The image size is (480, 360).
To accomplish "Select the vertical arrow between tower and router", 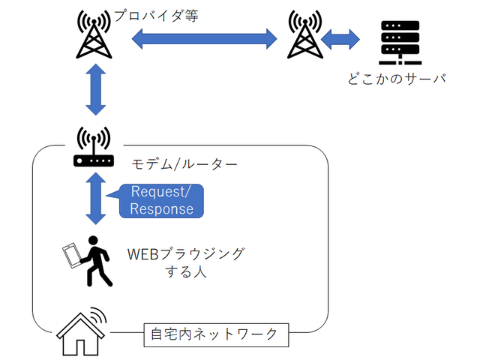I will click(x=95, y=89).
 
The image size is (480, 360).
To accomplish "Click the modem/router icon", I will click(x=94, y=148).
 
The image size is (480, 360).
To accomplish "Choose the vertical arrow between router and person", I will click(x=95, y=198).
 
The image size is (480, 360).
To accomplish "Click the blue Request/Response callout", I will click(x=160, y=199).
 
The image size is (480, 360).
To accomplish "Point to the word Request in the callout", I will click(x=156, y=191).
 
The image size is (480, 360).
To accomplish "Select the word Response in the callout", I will click(x=161, y=208).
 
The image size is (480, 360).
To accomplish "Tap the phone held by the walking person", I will click(x=73, y=255).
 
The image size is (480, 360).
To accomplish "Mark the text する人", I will click(x=185, y=271).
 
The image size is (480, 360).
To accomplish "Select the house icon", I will click(x=81, y=331).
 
